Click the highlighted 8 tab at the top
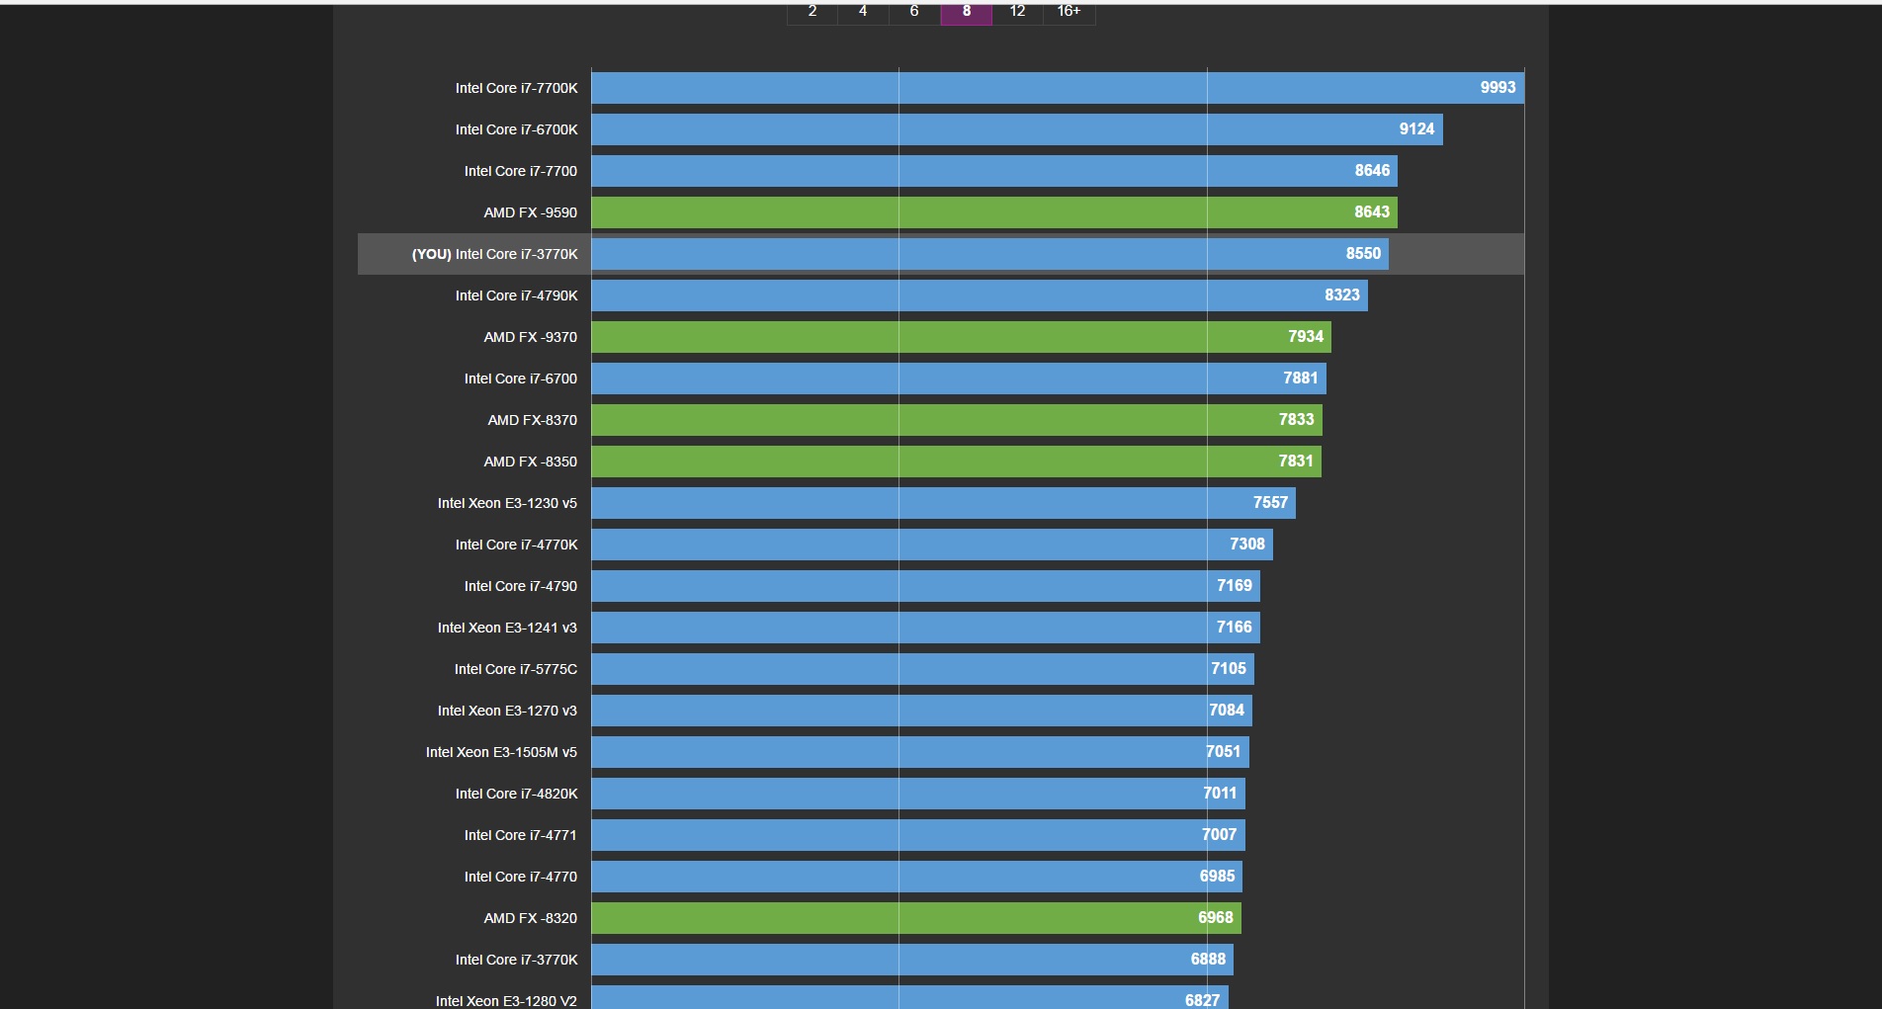(x=966, y=12)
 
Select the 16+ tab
(x=1069, y=12)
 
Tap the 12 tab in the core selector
(x=1017, y=12)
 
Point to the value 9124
(x=1416, y=129)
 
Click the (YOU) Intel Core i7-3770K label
(x=494, y=254)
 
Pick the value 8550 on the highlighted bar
(x=1363, y=254)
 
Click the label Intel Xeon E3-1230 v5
(x=507, y=503)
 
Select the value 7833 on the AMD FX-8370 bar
(x=1296, y=420)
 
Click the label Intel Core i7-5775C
(x=516, y=669)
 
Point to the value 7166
(x=1234, y=628)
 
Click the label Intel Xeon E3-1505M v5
(x=501, y=752)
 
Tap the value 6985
(x=1217, y=877)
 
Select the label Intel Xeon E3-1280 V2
(x=506, y=1000)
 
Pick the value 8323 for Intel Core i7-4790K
(x=1341, y=295)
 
